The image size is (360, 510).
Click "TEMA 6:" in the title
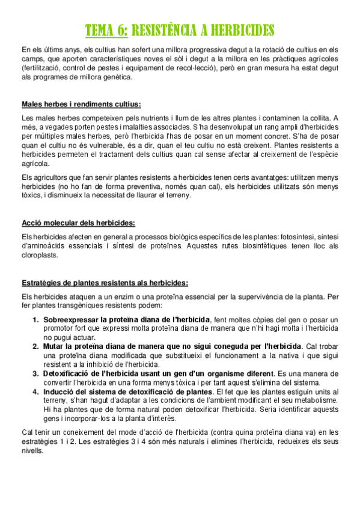click(x=106, y=31)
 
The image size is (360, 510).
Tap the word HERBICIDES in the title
click(x=242, y=31)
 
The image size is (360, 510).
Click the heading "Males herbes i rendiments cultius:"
click(x=81, y=104)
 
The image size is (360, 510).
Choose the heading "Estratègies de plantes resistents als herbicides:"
click(x=105, y=283)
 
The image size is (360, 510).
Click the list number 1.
click(x=36, y=319)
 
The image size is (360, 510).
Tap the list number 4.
click(x=36, y=392)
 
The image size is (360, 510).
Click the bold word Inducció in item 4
click(x=59, y=392)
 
